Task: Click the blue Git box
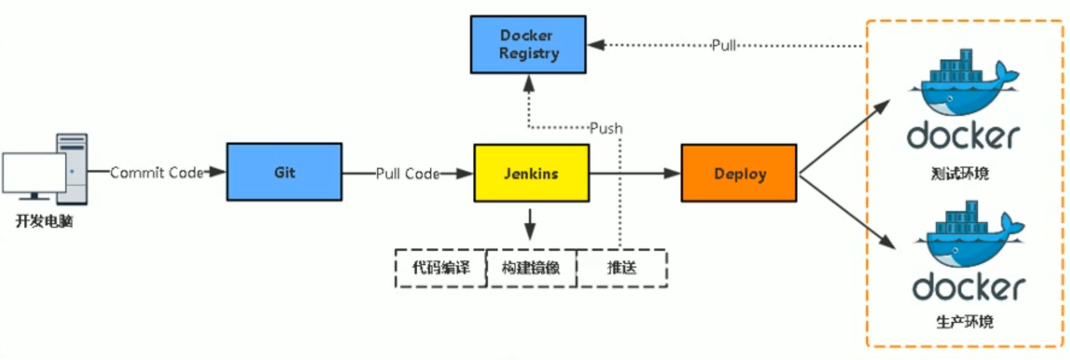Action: point(284,172)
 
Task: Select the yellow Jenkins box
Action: point(531,173)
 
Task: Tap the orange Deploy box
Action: point(739,173)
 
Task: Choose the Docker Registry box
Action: point(528,44)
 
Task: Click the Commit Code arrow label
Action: point(157,172)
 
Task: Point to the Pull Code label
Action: point(408,174)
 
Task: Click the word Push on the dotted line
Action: point(606,128)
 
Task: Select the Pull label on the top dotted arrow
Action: point(724,45)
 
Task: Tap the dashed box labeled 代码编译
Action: point(441,268)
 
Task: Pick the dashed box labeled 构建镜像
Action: point(531,268)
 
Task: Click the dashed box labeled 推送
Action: point(622,268)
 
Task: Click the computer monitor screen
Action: point(34,172)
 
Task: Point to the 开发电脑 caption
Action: point(44,221)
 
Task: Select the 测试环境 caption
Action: point(959,174)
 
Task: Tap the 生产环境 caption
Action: point(964,322)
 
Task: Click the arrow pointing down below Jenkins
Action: point(530,224)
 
